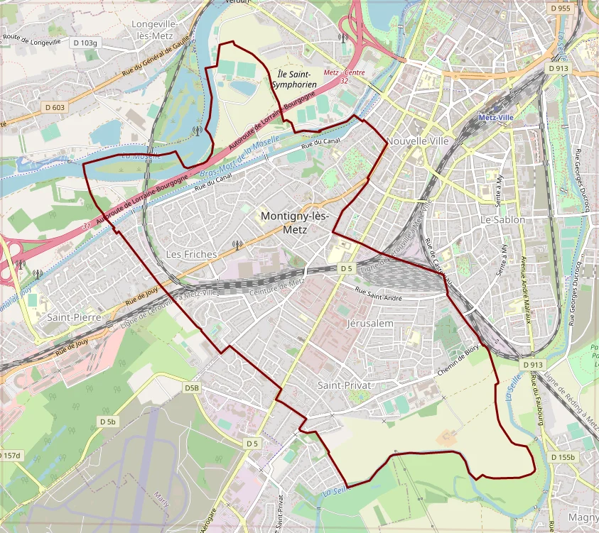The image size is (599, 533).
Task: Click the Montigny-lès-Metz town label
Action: [294, 222]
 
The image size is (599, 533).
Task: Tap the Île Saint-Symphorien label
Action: [293, 79]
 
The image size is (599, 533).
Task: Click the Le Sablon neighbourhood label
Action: [502, 220]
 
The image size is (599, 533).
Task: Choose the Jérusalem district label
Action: [369, 323]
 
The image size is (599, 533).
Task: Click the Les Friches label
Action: [191, 254]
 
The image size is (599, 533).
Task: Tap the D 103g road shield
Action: [85, 43]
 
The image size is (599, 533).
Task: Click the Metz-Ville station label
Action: [496, 117]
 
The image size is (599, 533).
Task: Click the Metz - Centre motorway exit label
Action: [344, 73]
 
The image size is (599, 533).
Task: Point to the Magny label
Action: [584, 519]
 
